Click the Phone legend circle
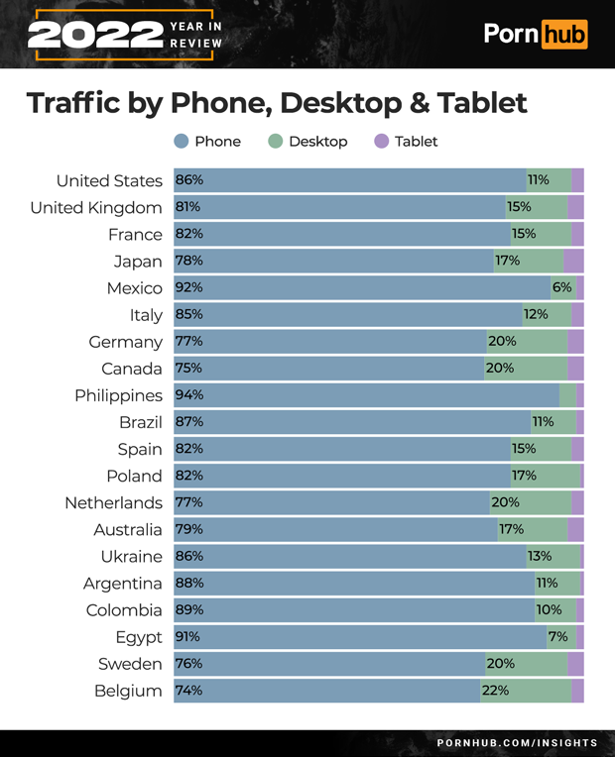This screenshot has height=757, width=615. click(x=182, y=142)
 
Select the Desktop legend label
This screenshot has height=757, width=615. click(x=317, y=142)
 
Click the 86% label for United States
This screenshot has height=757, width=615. click(x=189, y=180)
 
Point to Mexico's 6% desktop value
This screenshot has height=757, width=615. click(x=562, y=287)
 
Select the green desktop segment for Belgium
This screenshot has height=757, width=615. click(x=526, y=691)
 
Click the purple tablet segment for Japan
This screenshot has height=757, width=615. click(x=573, y=261)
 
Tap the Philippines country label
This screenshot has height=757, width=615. click(x=118, y=395)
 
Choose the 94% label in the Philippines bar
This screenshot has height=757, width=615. click(x=189, y=395)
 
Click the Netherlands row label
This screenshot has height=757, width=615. click(x=113, y=502)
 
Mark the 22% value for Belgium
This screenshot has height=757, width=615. click(x=496, y=691)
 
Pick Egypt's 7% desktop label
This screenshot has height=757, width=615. click(x=557, y=637)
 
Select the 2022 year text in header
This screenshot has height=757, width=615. click(x=95, y=35)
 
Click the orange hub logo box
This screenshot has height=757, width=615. click(x=563, y=34)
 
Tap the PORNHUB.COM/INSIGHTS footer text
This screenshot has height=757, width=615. click(x=517, y=742)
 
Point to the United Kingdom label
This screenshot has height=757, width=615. click(x=96, y=207)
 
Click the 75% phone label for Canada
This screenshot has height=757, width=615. click(x=189, y=369)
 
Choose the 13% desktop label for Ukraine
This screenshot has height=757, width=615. click(x=540, y=556)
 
